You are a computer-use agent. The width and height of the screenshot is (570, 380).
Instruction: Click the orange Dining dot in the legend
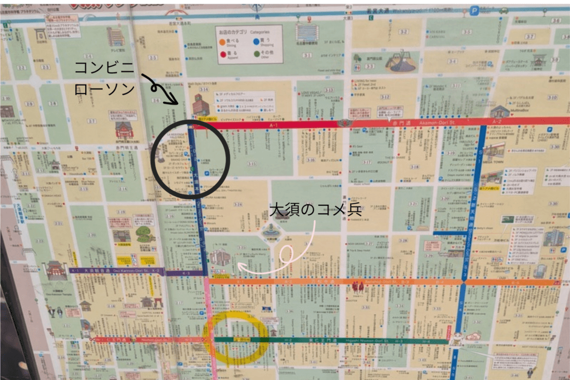222,41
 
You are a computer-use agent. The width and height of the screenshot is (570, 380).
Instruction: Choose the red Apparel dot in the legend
222,54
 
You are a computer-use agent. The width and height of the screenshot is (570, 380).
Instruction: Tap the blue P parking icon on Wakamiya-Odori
474,10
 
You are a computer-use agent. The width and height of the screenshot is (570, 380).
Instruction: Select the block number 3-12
384,97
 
